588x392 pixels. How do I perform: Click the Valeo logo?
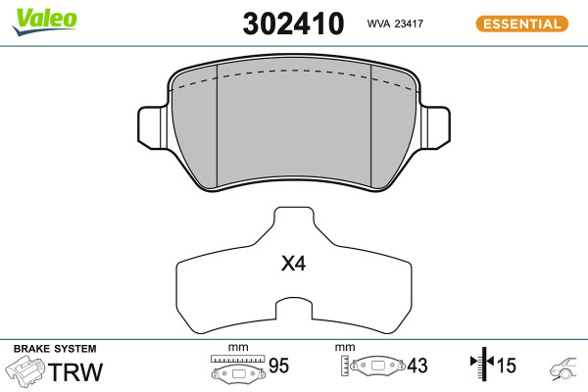[x=44, y=22]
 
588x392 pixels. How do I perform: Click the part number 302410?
[x=293, y=24]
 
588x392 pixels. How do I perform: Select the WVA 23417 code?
[x=395, y=24]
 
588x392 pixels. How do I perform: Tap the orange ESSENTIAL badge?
[x=522, y=24]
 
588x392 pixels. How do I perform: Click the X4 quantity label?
[x=294, y=264]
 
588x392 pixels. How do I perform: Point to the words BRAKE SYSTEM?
[x=55, y=349]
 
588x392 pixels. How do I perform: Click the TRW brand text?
[x=75, y=371]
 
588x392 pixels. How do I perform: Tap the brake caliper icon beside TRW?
[x=25, y=371]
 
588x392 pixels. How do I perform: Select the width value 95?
[x=278, y=366]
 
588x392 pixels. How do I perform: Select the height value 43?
[x=417, y=366]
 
